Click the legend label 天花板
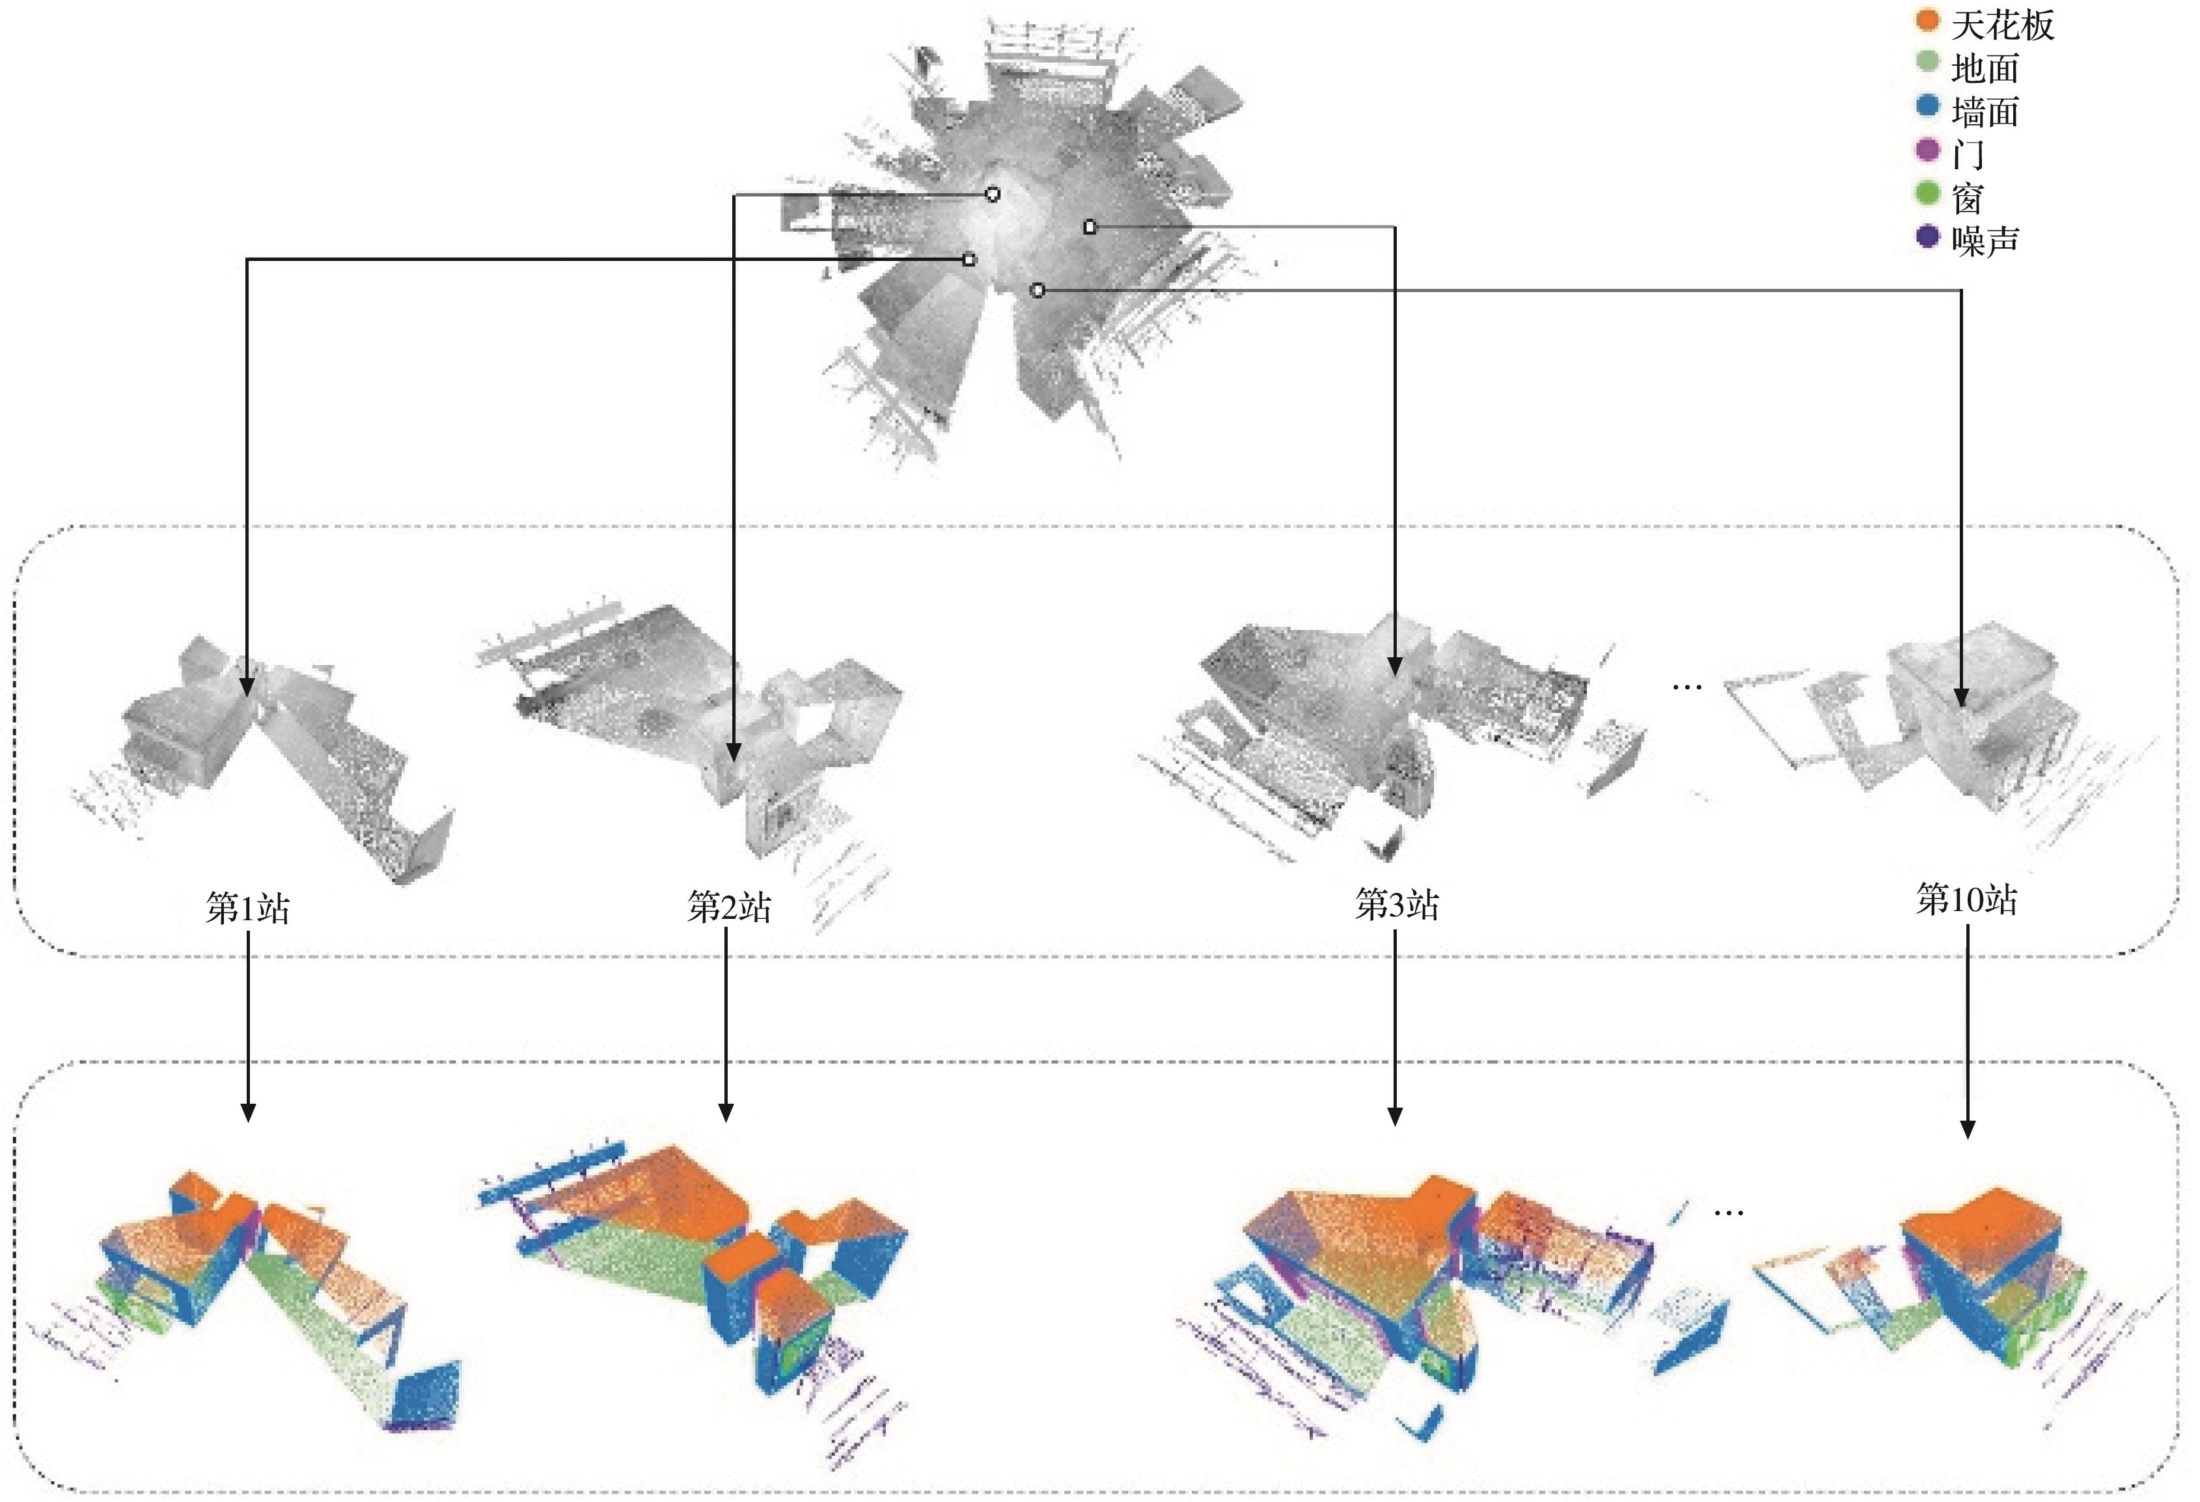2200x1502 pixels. pos(2002,25)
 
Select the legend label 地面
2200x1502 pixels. pos(1985,68)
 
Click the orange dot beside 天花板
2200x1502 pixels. pos(1927,21)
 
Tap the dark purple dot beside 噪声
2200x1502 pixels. pos(1927,236)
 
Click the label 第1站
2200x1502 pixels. pos(248,908)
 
